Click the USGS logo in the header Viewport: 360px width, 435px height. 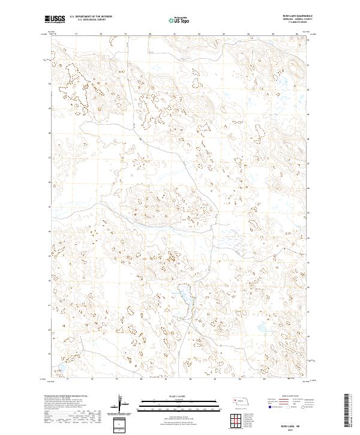pos(55,20)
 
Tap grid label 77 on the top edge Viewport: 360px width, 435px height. pos(76,35)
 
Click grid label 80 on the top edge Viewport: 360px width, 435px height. pos(149,35)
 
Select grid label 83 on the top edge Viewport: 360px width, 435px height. pos(224,35)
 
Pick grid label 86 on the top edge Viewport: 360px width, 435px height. pos(298,35)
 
